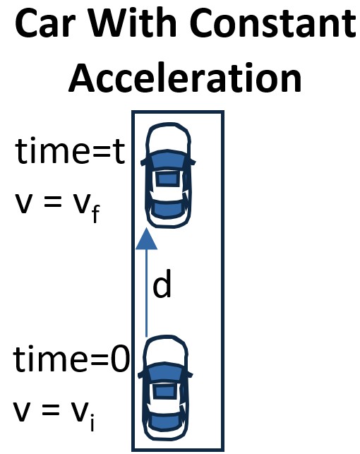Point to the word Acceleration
(x=185, y=78)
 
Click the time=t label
(x=70, y=152)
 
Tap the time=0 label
(x=71, y=359)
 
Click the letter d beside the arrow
(x=162, y=284)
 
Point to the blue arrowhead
(x=146, y=239)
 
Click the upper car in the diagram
(x=168, y=176)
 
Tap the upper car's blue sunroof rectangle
(x=167, y=179)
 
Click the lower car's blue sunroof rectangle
(x=164, y=391)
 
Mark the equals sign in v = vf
(x=52, y=201)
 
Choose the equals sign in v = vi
(x=50, y=410)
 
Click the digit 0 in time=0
(x=120, y=359)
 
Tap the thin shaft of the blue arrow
(x=146, y=293)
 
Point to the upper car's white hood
(x=169, y=138)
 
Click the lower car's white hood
(x=166, y=351)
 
